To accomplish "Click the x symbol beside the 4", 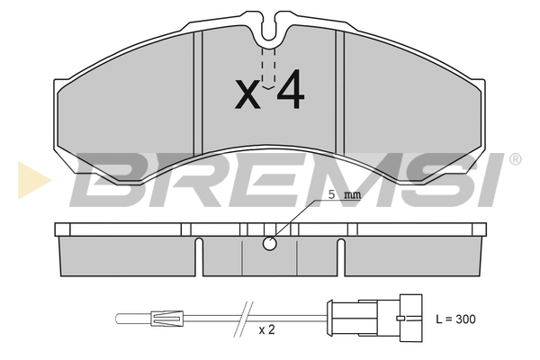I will coord(247,94).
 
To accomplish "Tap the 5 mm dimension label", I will coord(341,195).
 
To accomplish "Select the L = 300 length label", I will coord(454,319).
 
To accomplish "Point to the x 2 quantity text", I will coord(265,330).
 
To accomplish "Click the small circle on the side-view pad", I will coord(269,243).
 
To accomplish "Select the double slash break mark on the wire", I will coord(240,318).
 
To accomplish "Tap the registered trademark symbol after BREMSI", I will coord(514,160).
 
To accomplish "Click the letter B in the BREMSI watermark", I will coord(108,180).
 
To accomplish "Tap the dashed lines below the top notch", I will coord(267,67).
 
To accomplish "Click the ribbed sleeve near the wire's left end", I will coord(167,318).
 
